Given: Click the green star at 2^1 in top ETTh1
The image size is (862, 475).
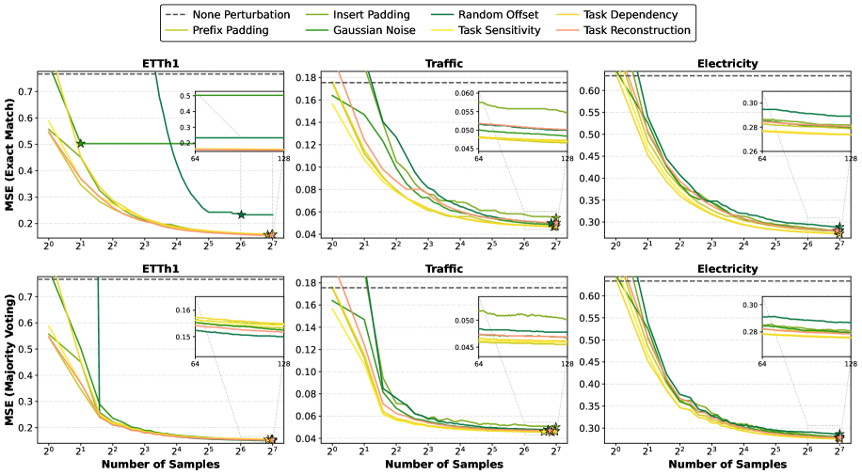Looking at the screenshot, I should point(80,143).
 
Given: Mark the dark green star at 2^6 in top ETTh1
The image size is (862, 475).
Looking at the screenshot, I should point(241,214).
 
